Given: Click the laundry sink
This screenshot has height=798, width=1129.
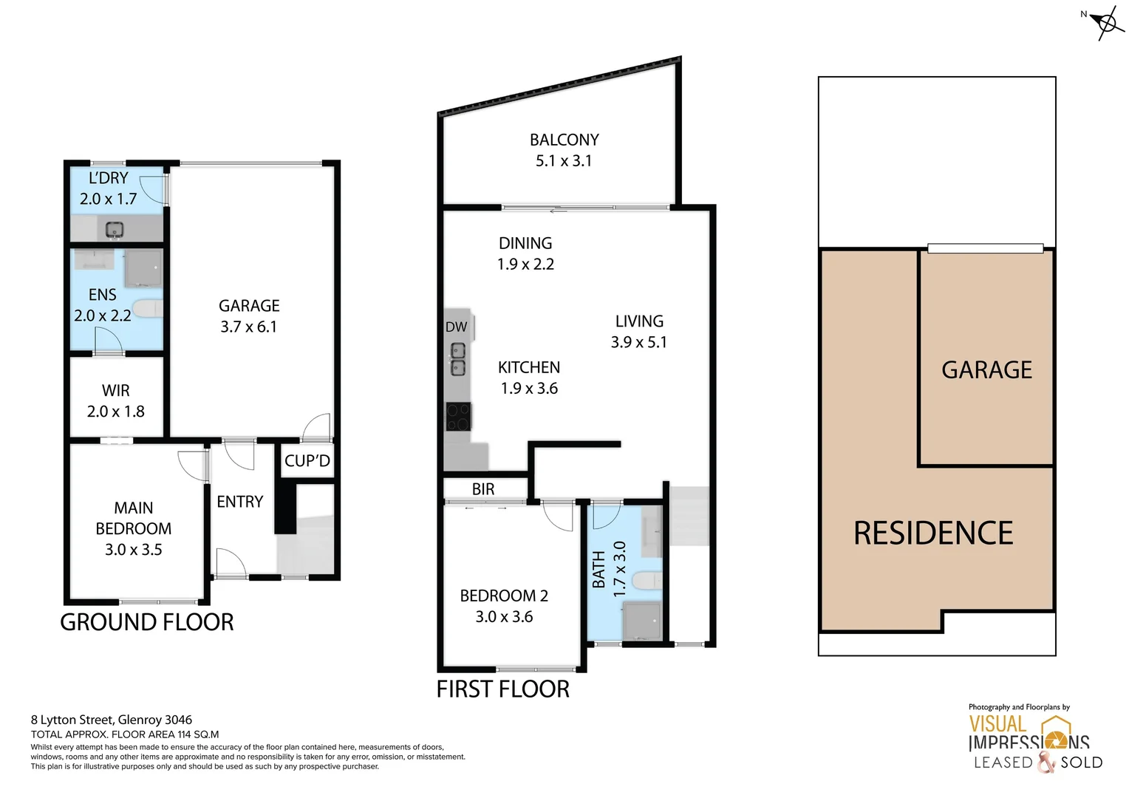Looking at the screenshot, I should click(x=115, y=229).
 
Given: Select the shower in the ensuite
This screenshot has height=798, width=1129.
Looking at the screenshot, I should click(x=143, y=267).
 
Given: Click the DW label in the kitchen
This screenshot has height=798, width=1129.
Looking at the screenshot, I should click(x=456, y=327).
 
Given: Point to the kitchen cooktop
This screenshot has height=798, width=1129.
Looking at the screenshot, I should click(x=458, y=416).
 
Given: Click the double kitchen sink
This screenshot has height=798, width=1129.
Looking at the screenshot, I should click(x=458, y=359).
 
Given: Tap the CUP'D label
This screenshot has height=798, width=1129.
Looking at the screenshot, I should click(x=307, y=461).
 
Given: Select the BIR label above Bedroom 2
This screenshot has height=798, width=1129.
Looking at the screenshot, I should click(x=483, y=489).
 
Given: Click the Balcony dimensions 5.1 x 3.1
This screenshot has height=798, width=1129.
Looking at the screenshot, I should click(x=564, y=161).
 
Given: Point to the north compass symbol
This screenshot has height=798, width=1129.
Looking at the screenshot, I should click(x=1106, y=23).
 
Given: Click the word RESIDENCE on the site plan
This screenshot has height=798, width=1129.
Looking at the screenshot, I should click(x=933, y=533).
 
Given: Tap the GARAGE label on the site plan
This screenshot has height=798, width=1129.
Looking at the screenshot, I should click(x=986, y=369).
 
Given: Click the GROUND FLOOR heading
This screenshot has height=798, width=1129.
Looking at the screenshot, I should click(x=147, y=622).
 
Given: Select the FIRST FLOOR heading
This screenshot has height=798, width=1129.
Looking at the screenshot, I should click(x=502, y=689).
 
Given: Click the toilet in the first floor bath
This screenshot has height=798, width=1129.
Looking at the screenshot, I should click(x=647, y=582).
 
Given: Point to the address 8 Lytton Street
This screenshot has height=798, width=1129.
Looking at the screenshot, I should click(x=112, y=720).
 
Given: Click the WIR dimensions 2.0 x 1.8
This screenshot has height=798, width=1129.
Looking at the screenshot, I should click(x=116, y=412).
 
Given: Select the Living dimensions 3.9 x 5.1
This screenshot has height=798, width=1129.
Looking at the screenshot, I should click(x=638, y=342).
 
